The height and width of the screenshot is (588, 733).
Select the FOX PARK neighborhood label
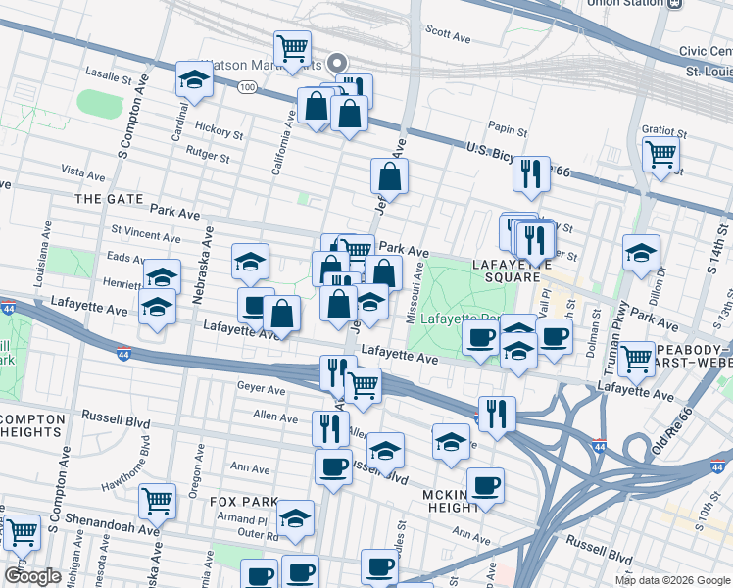[238, 501]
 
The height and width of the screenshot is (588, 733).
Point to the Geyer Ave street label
[261, 388]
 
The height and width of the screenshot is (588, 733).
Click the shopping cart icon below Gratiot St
[661, 154]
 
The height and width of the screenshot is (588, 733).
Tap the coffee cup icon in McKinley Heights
[485, 485]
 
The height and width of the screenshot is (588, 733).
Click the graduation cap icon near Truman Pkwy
[641, 253]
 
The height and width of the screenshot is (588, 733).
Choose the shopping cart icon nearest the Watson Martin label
[293, 47]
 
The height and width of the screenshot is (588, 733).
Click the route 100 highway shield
[247, 87]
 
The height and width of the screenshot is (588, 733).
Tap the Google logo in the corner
[32, 576]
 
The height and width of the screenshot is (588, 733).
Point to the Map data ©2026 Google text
[671, 580]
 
